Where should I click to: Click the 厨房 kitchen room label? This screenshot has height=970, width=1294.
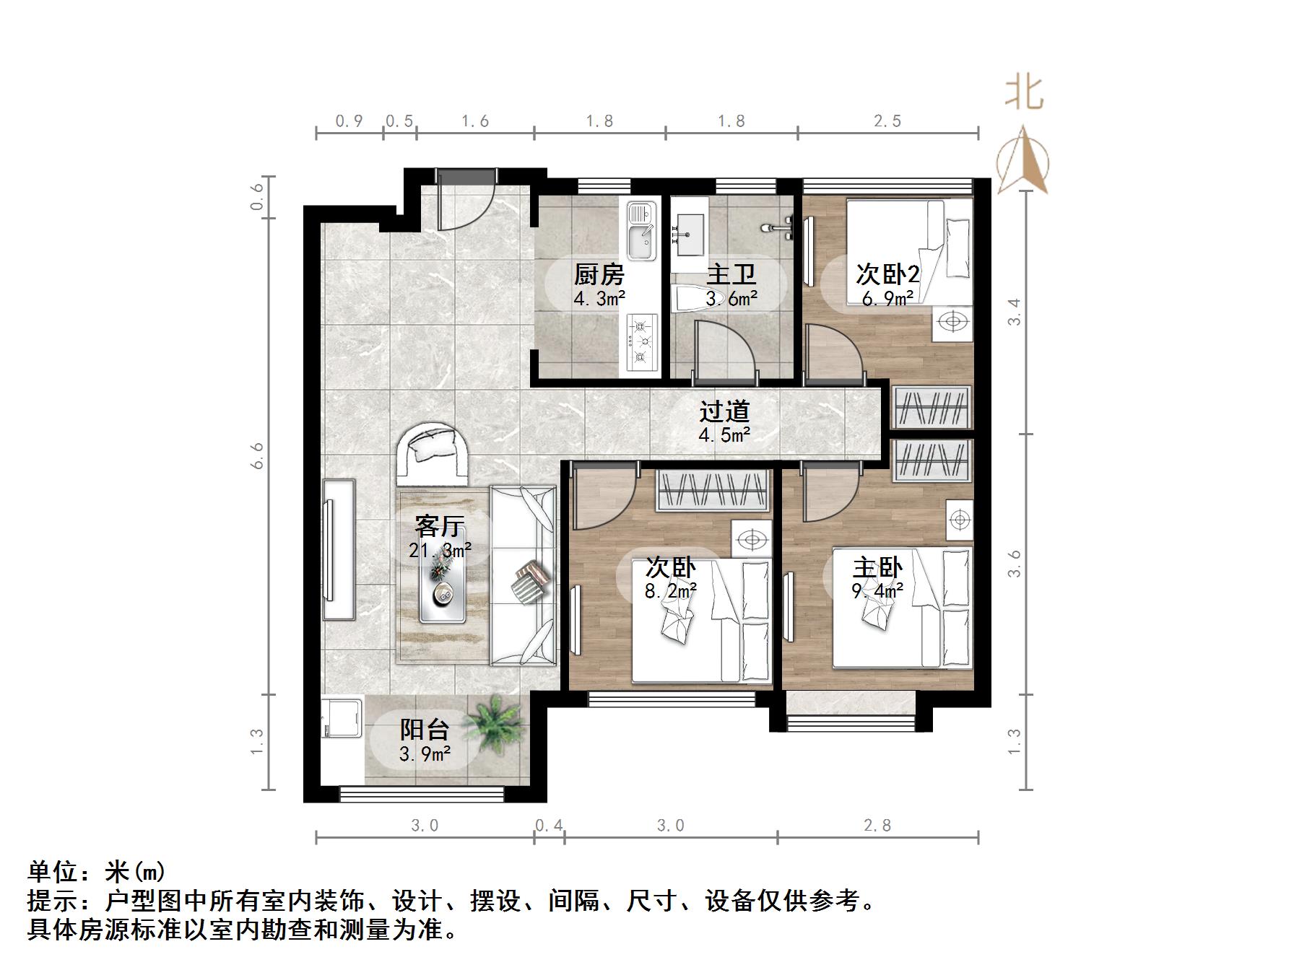click(599, 275)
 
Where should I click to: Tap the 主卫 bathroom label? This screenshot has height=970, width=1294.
click(731, 275)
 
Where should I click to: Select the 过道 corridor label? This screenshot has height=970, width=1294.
click(724, 411)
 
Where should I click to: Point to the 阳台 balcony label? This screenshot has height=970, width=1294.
click(425, 730)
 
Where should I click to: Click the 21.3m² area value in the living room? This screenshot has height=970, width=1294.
click(440, 551)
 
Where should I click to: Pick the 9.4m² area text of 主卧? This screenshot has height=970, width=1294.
click(877, 592)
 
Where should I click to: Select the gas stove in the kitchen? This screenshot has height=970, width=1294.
click(641, 343)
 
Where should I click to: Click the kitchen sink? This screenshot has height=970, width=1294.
click(641, 231)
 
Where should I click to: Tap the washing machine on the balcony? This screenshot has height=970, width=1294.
click(342, 716)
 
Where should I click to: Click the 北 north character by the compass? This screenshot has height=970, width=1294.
click(1024, 94)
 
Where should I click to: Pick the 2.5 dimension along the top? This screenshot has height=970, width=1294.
click(887, 121)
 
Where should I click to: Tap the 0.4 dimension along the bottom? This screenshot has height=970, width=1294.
click(549, 825)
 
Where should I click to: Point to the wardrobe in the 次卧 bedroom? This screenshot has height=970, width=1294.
click(712, 491)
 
